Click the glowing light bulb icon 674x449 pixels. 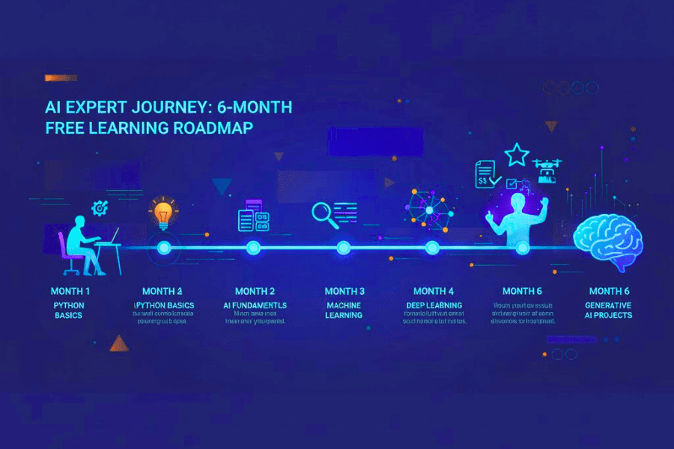coord(163,213)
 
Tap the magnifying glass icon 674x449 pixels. coord(324,213)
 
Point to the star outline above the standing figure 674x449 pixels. coord(517,155)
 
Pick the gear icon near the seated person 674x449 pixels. coord(98,208)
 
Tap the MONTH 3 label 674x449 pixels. coord(344,291)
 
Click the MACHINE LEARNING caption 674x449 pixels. coord(344,310)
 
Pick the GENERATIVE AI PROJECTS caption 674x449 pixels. coord(610,310)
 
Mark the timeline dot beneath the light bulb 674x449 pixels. coord(163,247)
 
